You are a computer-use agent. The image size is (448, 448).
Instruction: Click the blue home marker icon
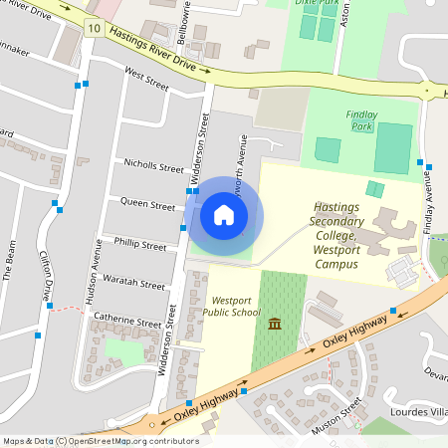click(x=223, y=215)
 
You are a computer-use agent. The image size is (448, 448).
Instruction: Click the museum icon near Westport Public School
click(x=274, y=323)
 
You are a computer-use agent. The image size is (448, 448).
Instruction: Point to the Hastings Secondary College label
click(x=336, y=229)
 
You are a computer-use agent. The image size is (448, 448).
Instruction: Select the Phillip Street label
click(x=140, y=244)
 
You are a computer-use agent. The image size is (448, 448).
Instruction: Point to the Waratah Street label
click(x=138, y=285)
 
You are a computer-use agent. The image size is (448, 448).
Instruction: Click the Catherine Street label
click(x=126, y=323)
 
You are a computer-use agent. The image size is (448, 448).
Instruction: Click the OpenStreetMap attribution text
click(x=101, y=441)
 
